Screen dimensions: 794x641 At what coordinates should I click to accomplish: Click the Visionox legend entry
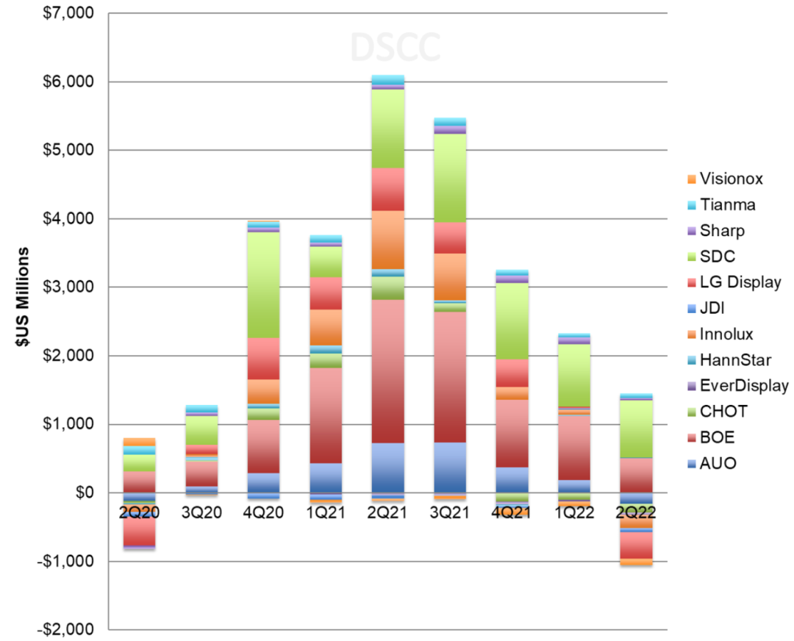click(725, 179)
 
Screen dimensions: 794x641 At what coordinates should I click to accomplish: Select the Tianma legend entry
click(721, 204)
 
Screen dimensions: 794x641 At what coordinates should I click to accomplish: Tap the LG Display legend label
click(740, 282)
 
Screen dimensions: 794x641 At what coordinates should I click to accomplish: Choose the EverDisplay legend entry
click(738, 386)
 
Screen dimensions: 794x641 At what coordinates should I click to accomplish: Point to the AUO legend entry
click(712, 463)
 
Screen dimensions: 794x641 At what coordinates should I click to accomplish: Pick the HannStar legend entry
click(729, 360)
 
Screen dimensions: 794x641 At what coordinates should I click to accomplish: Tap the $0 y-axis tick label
click(85, 492)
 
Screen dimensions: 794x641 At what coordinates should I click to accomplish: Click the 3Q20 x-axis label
click(201, 512)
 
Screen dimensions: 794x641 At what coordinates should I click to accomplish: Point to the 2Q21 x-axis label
click(387, 512)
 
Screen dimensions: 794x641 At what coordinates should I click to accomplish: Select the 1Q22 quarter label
click(573, 512)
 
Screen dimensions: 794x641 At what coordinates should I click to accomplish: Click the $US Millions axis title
click(23, 297)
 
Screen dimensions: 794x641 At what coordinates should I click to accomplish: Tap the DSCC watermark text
click(396, 48)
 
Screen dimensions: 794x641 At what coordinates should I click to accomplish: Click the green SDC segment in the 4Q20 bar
click(264, 284)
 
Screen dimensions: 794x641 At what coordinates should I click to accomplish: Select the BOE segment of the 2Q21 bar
click(388, 371)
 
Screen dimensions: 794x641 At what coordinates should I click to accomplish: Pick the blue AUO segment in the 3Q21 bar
click(450, 468)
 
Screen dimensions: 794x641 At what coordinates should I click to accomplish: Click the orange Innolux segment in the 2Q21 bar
click(388, 240)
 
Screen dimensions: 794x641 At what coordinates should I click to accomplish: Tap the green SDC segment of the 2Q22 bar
click(636, 429)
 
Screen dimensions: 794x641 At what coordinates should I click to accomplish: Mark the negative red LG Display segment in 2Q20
click(139, 529)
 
